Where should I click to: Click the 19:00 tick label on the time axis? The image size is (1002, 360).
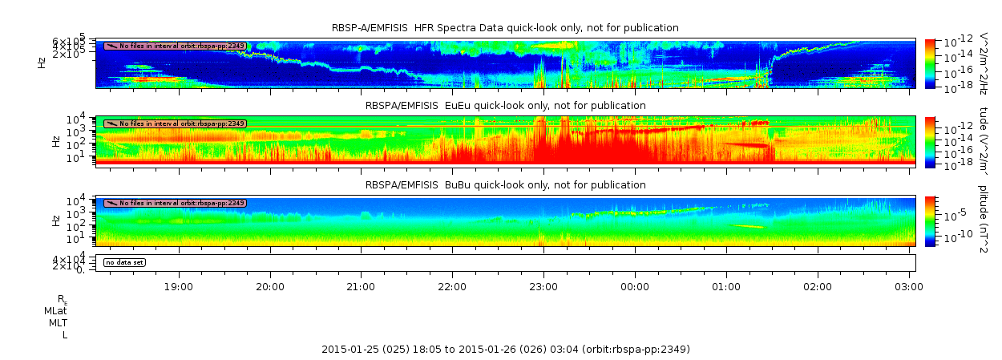coord(178,285)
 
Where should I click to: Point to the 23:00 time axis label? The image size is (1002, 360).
coord(543,285)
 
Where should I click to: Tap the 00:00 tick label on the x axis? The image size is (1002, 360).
coord(635,285)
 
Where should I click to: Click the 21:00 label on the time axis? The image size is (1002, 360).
coord(361,285)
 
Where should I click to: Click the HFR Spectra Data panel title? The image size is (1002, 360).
coord(505,28)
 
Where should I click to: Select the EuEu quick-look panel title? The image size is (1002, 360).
coord(505,105)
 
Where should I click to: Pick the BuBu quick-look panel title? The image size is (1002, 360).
coord(505,185)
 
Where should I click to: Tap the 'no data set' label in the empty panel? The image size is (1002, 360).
coord(124,262)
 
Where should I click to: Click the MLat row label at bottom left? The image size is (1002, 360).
coord(56,310)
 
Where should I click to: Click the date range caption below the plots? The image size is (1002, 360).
coord(505,350)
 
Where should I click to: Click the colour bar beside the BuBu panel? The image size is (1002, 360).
coord(930,220)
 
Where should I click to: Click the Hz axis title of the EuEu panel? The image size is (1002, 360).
coord(55,141)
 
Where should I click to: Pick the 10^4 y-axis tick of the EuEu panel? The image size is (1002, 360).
coord(86,120)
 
